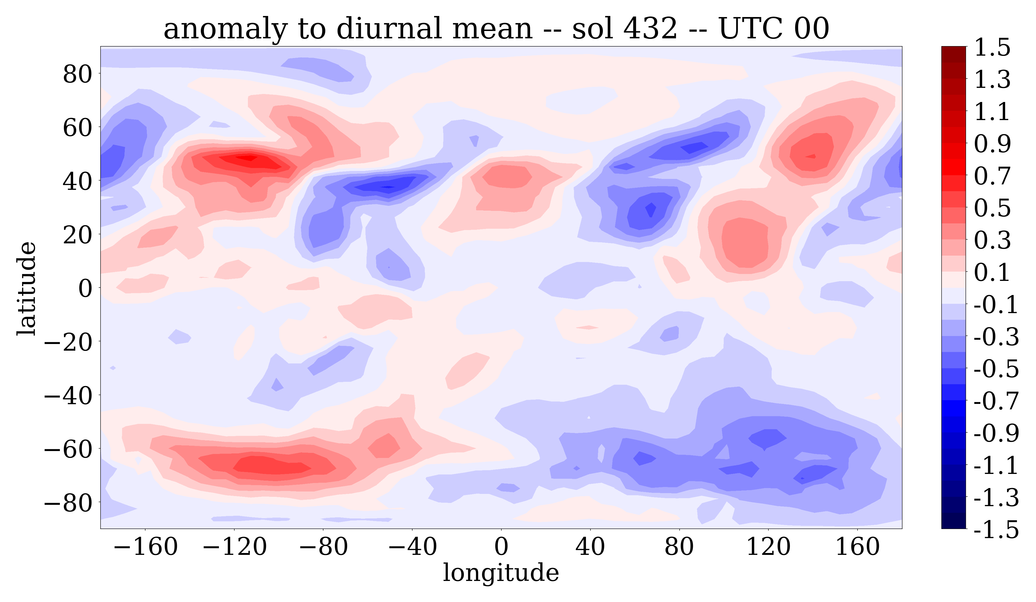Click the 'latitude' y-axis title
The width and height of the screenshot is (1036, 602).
27,288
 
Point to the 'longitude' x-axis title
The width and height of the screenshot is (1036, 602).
501,572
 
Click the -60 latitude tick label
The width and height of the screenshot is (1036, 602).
68,449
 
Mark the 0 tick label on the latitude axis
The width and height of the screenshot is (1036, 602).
85,288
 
